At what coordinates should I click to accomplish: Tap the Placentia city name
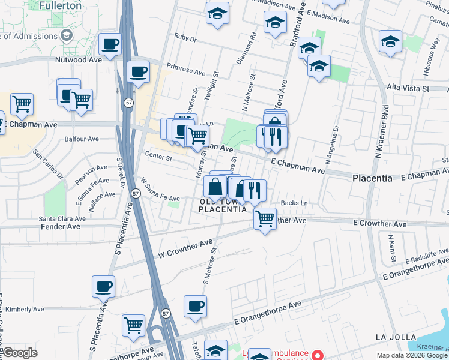tap(372, 179)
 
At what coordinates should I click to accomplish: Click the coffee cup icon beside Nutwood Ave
tap(110, 44)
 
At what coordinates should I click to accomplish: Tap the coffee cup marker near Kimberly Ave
tap(103, 287)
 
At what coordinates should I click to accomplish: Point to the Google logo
tap(20, 353)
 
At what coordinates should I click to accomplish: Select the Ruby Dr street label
tap(185, 37)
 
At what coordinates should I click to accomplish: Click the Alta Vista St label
tap(409, 88)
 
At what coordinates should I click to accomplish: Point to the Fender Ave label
tap(60, 227)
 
